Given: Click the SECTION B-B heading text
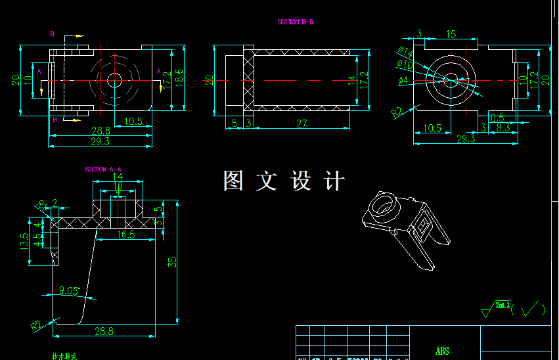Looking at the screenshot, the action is [295, 22].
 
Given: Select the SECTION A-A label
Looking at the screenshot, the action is [103, 169].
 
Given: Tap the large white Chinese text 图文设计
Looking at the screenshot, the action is [284, 181].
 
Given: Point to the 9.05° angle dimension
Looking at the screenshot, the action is [69, 290].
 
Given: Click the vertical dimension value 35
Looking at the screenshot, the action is [173, 261].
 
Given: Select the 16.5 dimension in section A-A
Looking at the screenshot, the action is [126, 234].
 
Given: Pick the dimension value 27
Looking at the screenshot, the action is [302, 124].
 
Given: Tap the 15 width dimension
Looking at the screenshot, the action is [451, 34].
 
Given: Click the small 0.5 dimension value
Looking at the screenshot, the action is [497, 118].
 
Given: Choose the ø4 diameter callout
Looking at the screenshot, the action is [403, 81].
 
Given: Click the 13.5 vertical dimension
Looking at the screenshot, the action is [25, 241].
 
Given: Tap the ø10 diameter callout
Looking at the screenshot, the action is [405, 65].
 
